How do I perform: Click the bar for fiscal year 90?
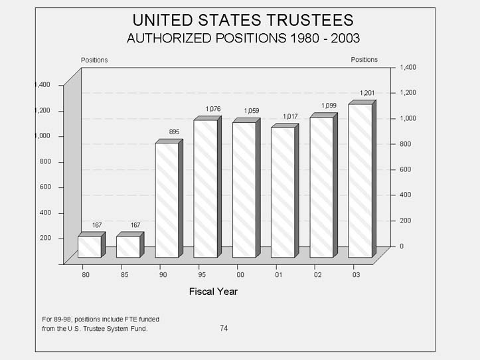click(167, 199)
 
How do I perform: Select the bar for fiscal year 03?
click(360, 181)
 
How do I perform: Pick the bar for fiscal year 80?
click(89, 246)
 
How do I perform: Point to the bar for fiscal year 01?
click(282, 192)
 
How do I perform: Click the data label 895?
click(174, 132)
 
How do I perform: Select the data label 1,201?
click(367, 93)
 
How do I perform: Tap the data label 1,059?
click(252, 111)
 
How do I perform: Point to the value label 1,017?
click(290, 117)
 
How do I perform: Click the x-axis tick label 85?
click(123, 274)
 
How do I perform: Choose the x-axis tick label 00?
click(240, 274)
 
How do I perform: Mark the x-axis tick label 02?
click(317, 274)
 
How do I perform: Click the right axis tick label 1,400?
click(407, 67)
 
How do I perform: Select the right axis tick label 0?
click(401, 246)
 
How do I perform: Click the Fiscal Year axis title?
click(213, 291)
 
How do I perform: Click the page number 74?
click(224, 328)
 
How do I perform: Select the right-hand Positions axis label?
click(364, 60)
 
